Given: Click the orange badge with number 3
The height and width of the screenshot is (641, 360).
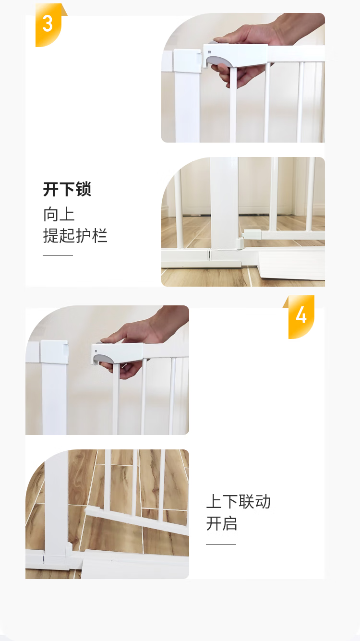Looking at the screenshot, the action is point(48,24).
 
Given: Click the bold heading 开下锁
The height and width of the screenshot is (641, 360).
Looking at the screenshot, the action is point(67,189).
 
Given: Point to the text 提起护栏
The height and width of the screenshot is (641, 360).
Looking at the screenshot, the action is point(75,235).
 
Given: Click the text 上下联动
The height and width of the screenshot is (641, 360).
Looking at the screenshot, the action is point(238,501).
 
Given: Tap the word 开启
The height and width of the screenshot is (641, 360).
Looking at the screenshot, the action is point(222,523).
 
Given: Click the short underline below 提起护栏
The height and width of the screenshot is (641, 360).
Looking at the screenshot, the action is point(58,255).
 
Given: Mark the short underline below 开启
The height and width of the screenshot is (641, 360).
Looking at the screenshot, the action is point(221,544).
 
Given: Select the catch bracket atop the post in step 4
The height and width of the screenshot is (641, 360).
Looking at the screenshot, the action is point(54,352).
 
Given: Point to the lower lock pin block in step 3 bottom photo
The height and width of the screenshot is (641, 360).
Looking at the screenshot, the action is point(252,235).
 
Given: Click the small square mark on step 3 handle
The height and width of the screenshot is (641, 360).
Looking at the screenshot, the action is point(209,52).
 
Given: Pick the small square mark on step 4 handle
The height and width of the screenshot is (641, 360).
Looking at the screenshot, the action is point(96,351).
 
